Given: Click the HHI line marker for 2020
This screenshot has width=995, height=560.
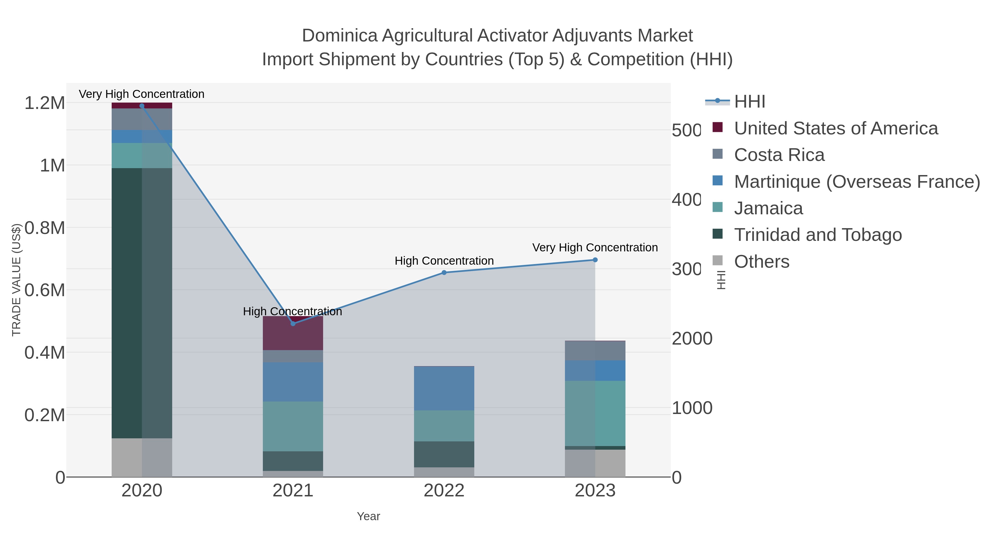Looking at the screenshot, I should pos(142,106).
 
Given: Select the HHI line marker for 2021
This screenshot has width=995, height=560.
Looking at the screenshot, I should pos(293,324).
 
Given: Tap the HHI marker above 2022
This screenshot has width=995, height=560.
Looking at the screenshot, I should pos(444,272).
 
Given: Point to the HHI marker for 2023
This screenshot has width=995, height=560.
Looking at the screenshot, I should pos(595,260).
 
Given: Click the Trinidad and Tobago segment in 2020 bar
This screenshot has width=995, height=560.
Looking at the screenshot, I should pos(142,303).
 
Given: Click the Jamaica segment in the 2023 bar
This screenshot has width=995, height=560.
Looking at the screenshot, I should pos(595,413).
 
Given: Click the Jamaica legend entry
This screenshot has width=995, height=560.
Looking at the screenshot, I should pos(768,208).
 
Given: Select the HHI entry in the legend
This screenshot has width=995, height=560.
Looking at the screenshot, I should pos(749,102).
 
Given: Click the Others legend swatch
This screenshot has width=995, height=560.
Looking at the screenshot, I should pos(717,260).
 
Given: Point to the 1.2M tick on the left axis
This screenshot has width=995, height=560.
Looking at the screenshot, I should pos(45,103).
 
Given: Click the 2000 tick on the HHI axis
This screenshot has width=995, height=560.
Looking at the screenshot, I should pos(692,338).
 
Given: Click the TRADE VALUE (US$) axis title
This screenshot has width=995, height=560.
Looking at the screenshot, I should pos(16,280).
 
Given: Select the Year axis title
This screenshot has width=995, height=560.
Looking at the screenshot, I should pos(368,516).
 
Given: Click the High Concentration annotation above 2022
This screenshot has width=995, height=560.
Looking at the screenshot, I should pos(444,261).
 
